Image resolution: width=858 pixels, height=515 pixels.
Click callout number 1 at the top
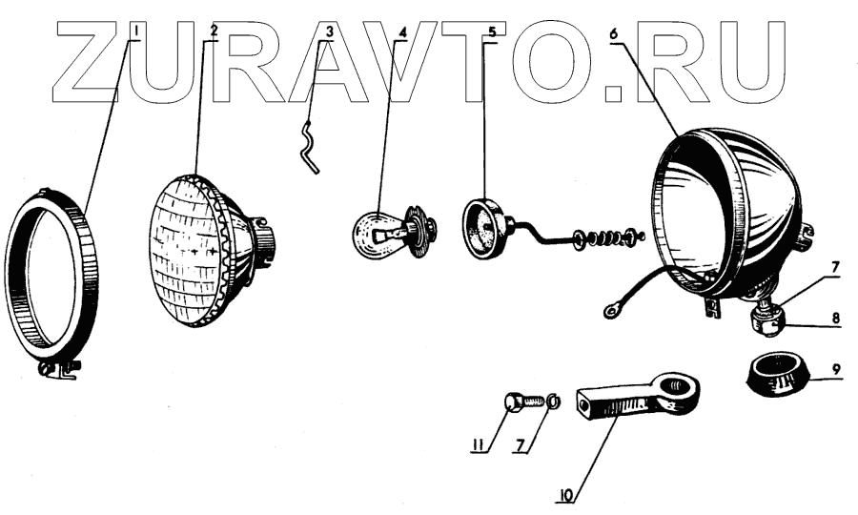137,31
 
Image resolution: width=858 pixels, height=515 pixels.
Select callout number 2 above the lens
214,31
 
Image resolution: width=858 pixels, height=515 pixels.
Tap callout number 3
330,31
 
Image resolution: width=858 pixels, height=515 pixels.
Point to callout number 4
403,31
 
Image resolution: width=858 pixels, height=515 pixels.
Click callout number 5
492,31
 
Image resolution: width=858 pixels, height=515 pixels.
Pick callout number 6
613,35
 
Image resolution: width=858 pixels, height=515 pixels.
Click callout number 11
482,444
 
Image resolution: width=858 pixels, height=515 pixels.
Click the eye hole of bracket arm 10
682,386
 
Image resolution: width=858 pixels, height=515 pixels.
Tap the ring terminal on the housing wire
608,309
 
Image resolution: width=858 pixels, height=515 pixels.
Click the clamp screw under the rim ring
59,368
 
